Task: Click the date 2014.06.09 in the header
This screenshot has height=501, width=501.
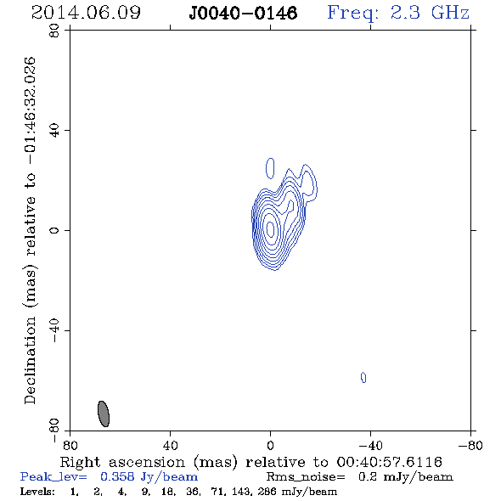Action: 86,13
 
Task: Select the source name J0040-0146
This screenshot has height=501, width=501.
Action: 243,14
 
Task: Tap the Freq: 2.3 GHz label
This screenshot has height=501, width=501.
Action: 398,14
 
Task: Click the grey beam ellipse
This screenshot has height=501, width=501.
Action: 104,414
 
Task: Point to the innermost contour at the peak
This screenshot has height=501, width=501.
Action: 271,228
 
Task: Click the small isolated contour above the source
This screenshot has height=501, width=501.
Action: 270,168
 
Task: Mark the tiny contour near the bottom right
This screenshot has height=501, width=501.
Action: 363,377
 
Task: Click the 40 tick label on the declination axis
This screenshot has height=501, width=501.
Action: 54,131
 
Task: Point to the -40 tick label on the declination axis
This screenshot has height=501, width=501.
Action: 54,331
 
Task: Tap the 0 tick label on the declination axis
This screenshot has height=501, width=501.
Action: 54,230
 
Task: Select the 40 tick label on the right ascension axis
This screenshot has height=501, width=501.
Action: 171,445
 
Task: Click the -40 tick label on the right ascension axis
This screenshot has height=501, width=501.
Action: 370,445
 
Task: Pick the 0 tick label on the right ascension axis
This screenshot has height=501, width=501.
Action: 270,445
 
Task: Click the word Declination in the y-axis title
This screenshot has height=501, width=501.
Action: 30,360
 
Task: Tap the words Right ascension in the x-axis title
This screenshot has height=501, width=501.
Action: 122,462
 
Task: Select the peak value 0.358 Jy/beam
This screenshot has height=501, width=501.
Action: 149,477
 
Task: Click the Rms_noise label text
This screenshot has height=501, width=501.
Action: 306,477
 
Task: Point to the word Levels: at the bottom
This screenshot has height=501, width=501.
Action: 37,492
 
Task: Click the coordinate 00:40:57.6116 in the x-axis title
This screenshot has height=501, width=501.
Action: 389,462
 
